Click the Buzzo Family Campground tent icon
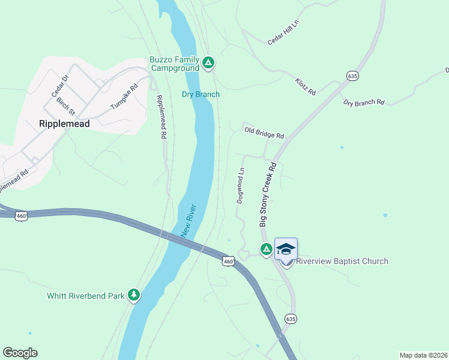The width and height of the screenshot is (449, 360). tap(208, 62)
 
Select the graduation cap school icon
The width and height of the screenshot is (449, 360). tap(286, 248)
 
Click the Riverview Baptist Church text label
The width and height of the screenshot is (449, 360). tap(342, 261)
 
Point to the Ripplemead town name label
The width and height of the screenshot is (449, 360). tap(64, 124)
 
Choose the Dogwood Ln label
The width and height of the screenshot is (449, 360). tap(240, 185)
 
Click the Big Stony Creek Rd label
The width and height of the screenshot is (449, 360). tap(268, 194)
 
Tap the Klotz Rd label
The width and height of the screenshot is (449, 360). tap(305, 87)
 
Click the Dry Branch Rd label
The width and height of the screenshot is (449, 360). tap(364, 103)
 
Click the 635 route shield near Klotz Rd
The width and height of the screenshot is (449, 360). tap(352, 76)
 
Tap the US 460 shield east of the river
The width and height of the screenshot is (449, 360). tap(228, 261)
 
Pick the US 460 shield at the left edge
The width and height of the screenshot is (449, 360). tap(22, 215)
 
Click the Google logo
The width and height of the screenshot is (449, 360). tap(20, 353)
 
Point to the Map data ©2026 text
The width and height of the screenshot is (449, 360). tap(423, 355)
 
